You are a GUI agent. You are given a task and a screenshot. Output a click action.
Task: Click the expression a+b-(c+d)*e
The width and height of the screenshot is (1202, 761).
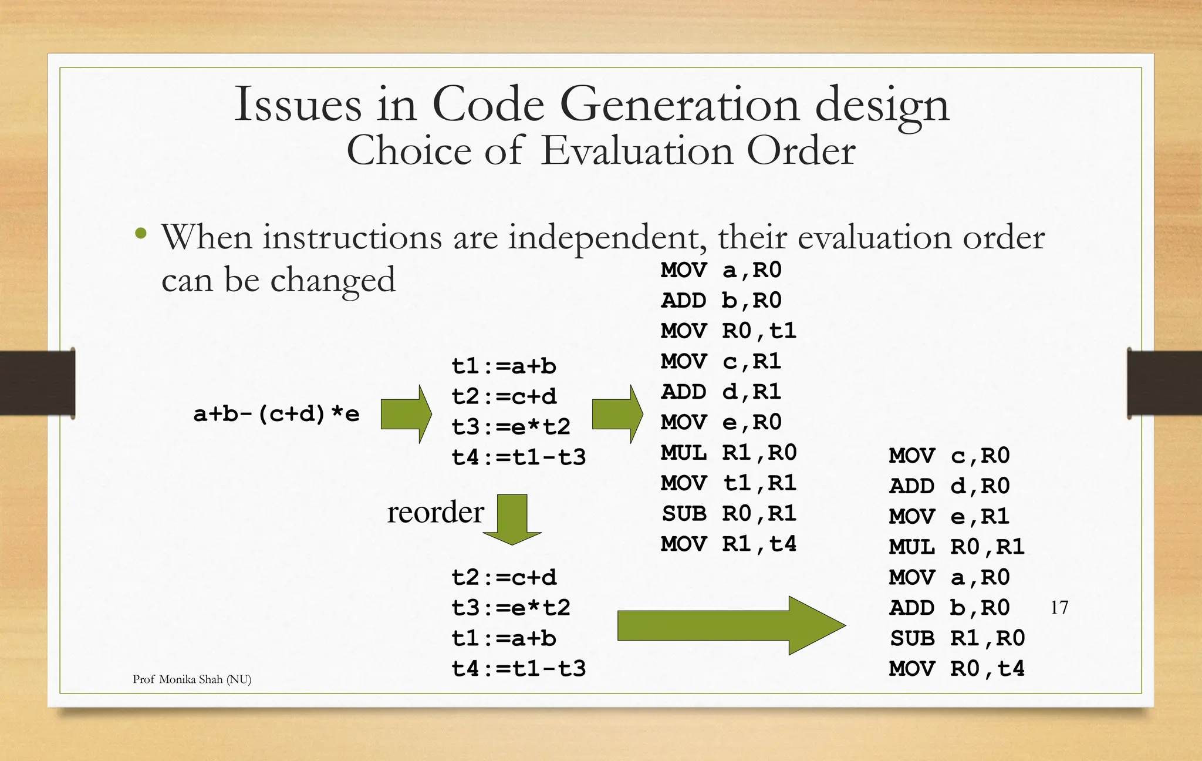coord(276,414)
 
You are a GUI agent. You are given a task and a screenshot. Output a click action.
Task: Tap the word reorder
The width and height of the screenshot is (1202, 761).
coord(435,512)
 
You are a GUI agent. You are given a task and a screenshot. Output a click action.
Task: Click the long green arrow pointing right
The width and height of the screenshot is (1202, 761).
coord(731,625)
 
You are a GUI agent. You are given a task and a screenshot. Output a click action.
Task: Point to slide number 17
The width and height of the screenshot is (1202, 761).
coord(1059,607)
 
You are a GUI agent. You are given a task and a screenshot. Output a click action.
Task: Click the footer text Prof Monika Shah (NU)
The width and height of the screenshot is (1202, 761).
coord(192,679)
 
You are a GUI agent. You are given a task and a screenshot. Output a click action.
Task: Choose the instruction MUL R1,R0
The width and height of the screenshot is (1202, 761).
coord(728,453)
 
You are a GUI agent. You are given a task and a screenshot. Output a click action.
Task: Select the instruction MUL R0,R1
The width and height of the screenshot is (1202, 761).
coord(956,547)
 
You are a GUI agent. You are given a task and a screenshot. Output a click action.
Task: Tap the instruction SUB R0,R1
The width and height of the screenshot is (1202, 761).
coord(728,514)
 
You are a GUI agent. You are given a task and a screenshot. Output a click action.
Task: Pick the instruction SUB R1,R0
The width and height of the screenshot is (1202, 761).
coord(956,638)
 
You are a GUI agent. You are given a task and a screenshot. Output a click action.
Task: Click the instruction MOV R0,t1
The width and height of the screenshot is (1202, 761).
coord(728,331)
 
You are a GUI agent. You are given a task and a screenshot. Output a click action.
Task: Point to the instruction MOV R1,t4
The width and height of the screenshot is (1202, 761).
coord(728,544)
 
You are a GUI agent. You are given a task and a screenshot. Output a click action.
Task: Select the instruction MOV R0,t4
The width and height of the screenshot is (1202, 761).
coord(956,669)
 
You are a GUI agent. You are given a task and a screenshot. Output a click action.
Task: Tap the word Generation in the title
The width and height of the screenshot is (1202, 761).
coord(680,105)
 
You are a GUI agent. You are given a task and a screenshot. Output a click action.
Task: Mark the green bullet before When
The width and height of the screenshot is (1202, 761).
coord(140,234)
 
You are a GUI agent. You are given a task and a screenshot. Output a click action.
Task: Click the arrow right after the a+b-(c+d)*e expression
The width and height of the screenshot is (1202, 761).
coord(406,414)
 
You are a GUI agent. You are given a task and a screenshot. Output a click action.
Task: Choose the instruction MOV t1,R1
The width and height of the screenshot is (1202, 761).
coord(728,483)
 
